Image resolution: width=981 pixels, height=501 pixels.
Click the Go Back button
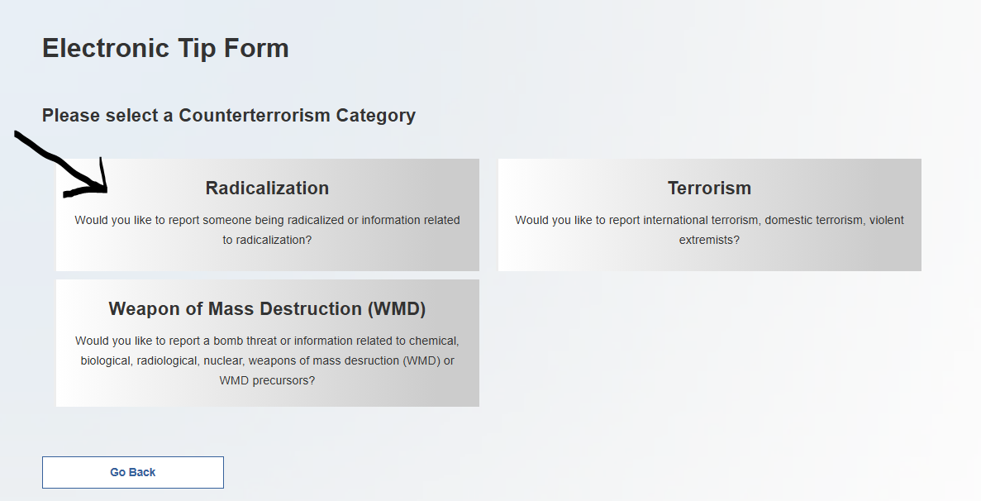tap(132, 472)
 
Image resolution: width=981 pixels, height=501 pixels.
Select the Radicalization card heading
tap(267, 188)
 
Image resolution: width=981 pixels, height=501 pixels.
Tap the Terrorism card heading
tap(709, 188)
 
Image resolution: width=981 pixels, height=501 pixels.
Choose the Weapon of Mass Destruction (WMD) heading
tap(267, 309)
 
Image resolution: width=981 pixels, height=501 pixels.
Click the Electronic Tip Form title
tap(166, 48)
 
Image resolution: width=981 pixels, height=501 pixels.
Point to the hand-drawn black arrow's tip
tap(107, 190)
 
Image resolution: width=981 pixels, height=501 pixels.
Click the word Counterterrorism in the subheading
tap(255, 115)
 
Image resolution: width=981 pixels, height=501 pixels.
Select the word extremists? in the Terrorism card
tap(709, 240)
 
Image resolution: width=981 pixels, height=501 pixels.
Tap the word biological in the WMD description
tap(105, 361)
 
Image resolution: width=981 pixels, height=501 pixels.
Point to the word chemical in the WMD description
tap(434, 341)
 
